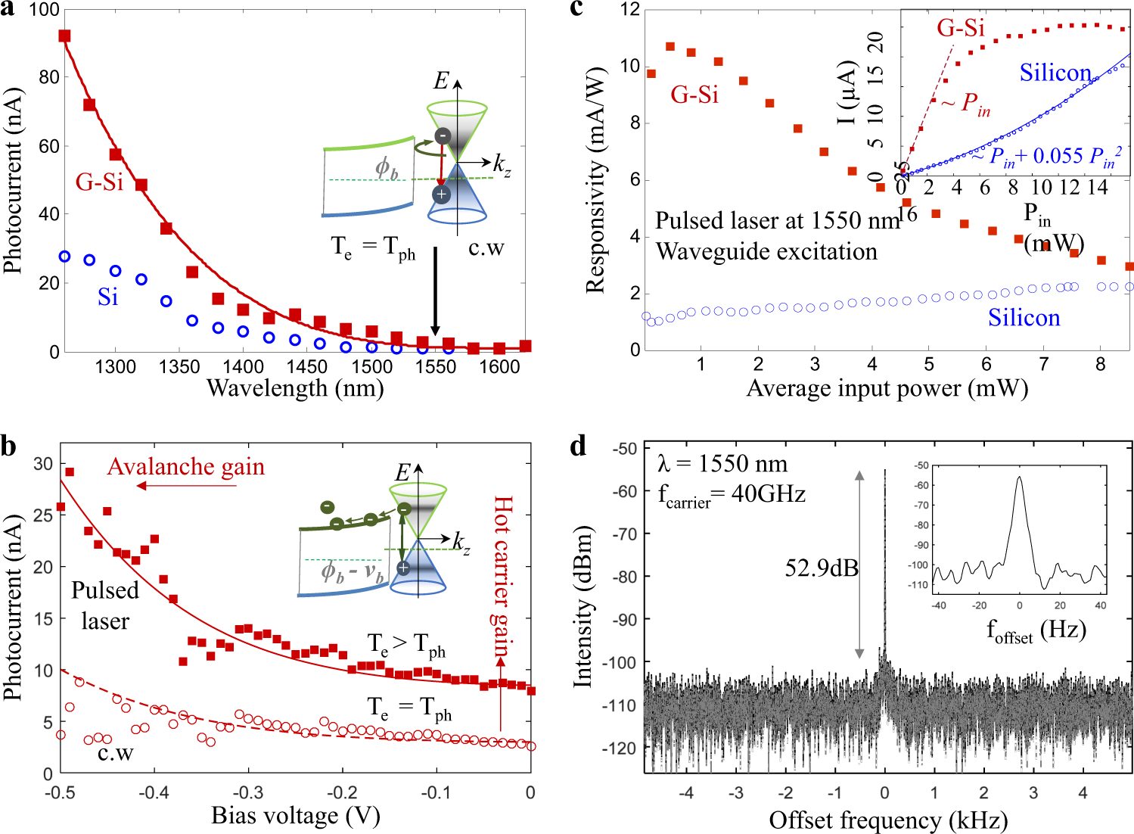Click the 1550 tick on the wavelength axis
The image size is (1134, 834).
coord(434,368)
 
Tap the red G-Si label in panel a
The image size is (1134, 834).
coord(99,182)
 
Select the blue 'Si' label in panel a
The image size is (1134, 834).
coord(107,297)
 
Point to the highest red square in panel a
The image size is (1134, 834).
coord(64,36)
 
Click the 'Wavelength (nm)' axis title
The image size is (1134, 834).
coord(295,389)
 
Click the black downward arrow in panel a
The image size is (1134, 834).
coord(435,291)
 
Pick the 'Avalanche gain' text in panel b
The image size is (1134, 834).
coord(186,467)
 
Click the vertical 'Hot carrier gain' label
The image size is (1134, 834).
coord(502,575)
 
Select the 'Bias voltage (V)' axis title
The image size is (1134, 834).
coord(295,816)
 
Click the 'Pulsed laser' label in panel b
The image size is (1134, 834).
coord(105,605)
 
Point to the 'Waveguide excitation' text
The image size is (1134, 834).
coord(766,252)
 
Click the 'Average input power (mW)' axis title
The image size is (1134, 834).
coord(887,389)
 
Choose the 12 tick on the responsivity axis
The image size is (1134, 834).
coord(630,10)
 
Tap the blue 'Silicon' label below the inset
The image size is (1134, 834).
coord(1024,318)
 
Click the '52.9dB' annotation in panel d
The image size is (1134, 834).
coord(822,568)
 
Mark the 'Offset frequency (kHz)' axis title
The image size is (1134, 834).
coord(888,820)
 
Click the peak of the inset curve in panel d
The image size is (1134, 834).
coord(1019,477)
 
